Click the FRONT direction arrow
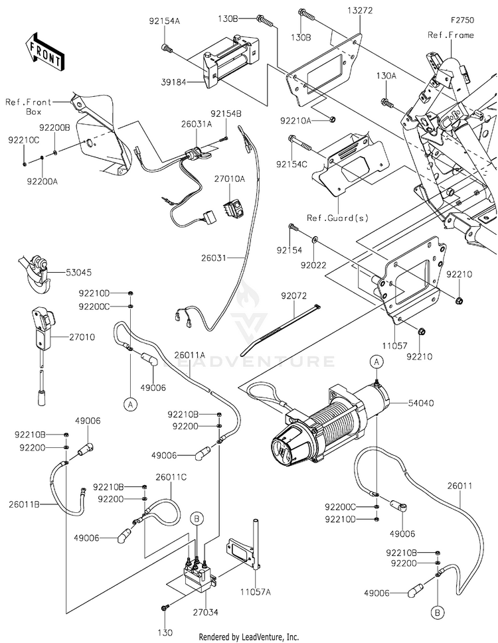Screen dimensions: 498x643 click(44, 51)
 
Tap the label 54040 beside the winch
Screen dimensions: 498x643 click(420, 403)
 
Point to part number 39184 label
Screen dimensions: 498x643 click(173, 82)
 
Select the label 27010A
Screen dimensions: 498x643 click(229, 179)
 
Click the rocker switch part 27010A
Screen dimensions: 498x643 click(233, 204)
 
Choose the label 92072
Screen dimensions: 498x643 click(293, 296)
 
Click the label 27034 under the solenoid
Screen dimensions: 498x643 click(206, 612)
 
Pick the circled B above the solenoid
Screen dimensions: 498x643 click(197, 519)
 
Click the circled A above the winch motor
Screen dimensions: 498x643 click(376, 362)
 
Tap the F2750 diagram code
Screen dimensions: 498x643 click(462, 20)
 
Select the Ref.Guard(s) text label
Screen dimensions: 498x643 click(337, 218)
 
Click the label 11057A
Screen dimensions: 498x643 click(256, 592)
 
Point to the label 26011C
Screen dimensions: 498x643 click(171, 477)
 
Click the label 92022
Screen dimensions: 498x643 click(313, 265)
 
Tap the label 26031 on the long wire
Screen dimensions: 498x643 click(214, 258)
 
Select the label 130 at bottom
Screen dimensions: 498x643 click(165, 633)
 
